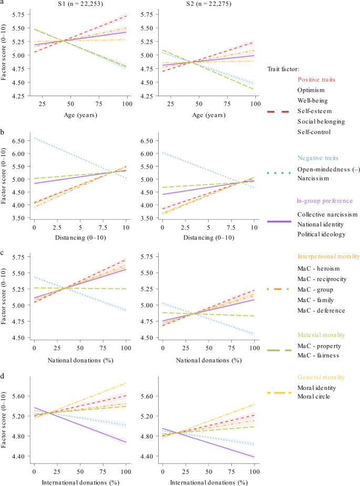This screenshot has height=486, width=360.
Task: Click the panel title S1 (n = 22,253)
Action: coord(81,4)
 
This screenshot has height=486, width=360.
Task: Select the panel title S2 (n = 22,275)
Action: coord(202,4)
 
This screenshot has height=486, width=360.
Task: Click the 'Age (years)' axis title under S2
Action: coord(202,114)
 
